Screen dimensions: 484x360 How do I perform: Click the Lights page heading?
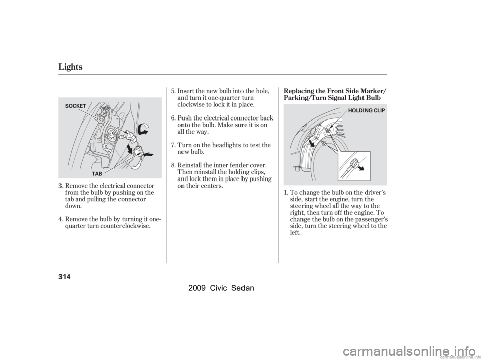click(x=71, y=67)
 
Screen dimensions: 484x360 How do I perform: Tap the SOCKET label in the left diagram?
click(x=76, y=106)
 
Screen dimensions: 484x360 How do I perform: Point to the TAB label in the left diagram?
click(x=97, y=174)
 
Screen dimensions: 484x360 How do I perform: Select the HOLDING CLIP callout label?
click(x=367, y=110)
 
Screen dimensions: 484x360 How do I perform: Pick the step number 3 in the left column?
click(x=61, y=186)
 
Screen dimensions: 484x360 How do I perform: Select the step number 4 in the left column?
click(x=61, y=220)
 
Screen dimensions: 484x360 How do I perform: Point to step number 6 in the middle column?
click(x=173, y=118)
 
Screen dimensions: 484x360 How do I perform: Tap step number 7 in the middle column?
click(x=173, y=145)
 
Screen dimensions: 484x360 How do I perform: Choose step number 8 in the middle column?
click(x=173, y=165)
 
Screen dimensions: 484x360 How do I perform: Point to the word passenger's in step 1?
click(x=373, y=220)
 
